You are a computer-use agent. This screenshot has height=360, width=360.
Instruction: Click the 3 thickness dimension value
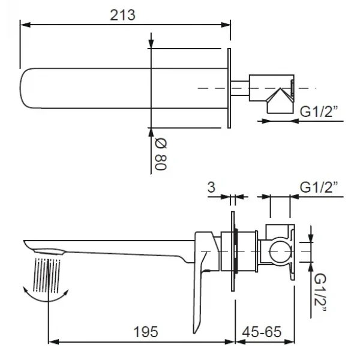coord(211,188)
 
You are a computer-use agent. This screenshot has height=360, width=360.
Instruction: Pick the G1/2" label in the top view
coord(319,112)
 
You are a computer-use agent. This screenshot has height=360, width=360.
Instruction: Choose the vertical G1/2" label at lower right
coord(320,292)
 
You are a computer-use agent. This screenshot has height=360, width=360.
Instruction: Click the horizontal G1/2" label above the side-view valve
coord(317,188)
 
